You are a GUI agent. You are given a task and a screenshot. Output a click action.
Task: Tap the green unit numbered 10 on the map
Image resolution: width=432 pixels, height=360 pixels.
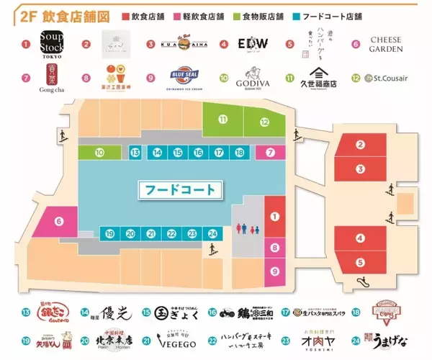(99, 152)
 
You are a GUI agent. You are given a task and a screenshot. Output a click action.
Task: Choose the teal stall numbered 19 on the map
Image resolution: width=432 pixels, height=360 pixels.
(109, 233)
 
